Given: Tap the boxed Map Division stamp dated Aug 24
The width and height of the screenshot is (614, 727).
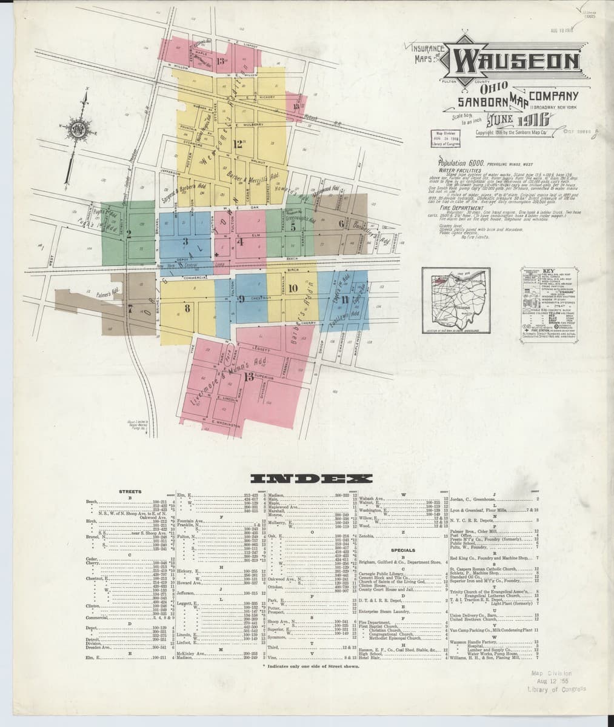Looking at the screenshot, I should click(445, 139).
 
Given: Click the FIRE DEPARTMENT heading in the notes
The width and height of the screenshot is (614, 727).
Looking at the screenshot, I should click(459, 207).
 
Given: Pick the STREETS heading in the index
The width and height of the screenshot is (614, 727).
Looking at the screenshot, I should click(130, 491).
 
